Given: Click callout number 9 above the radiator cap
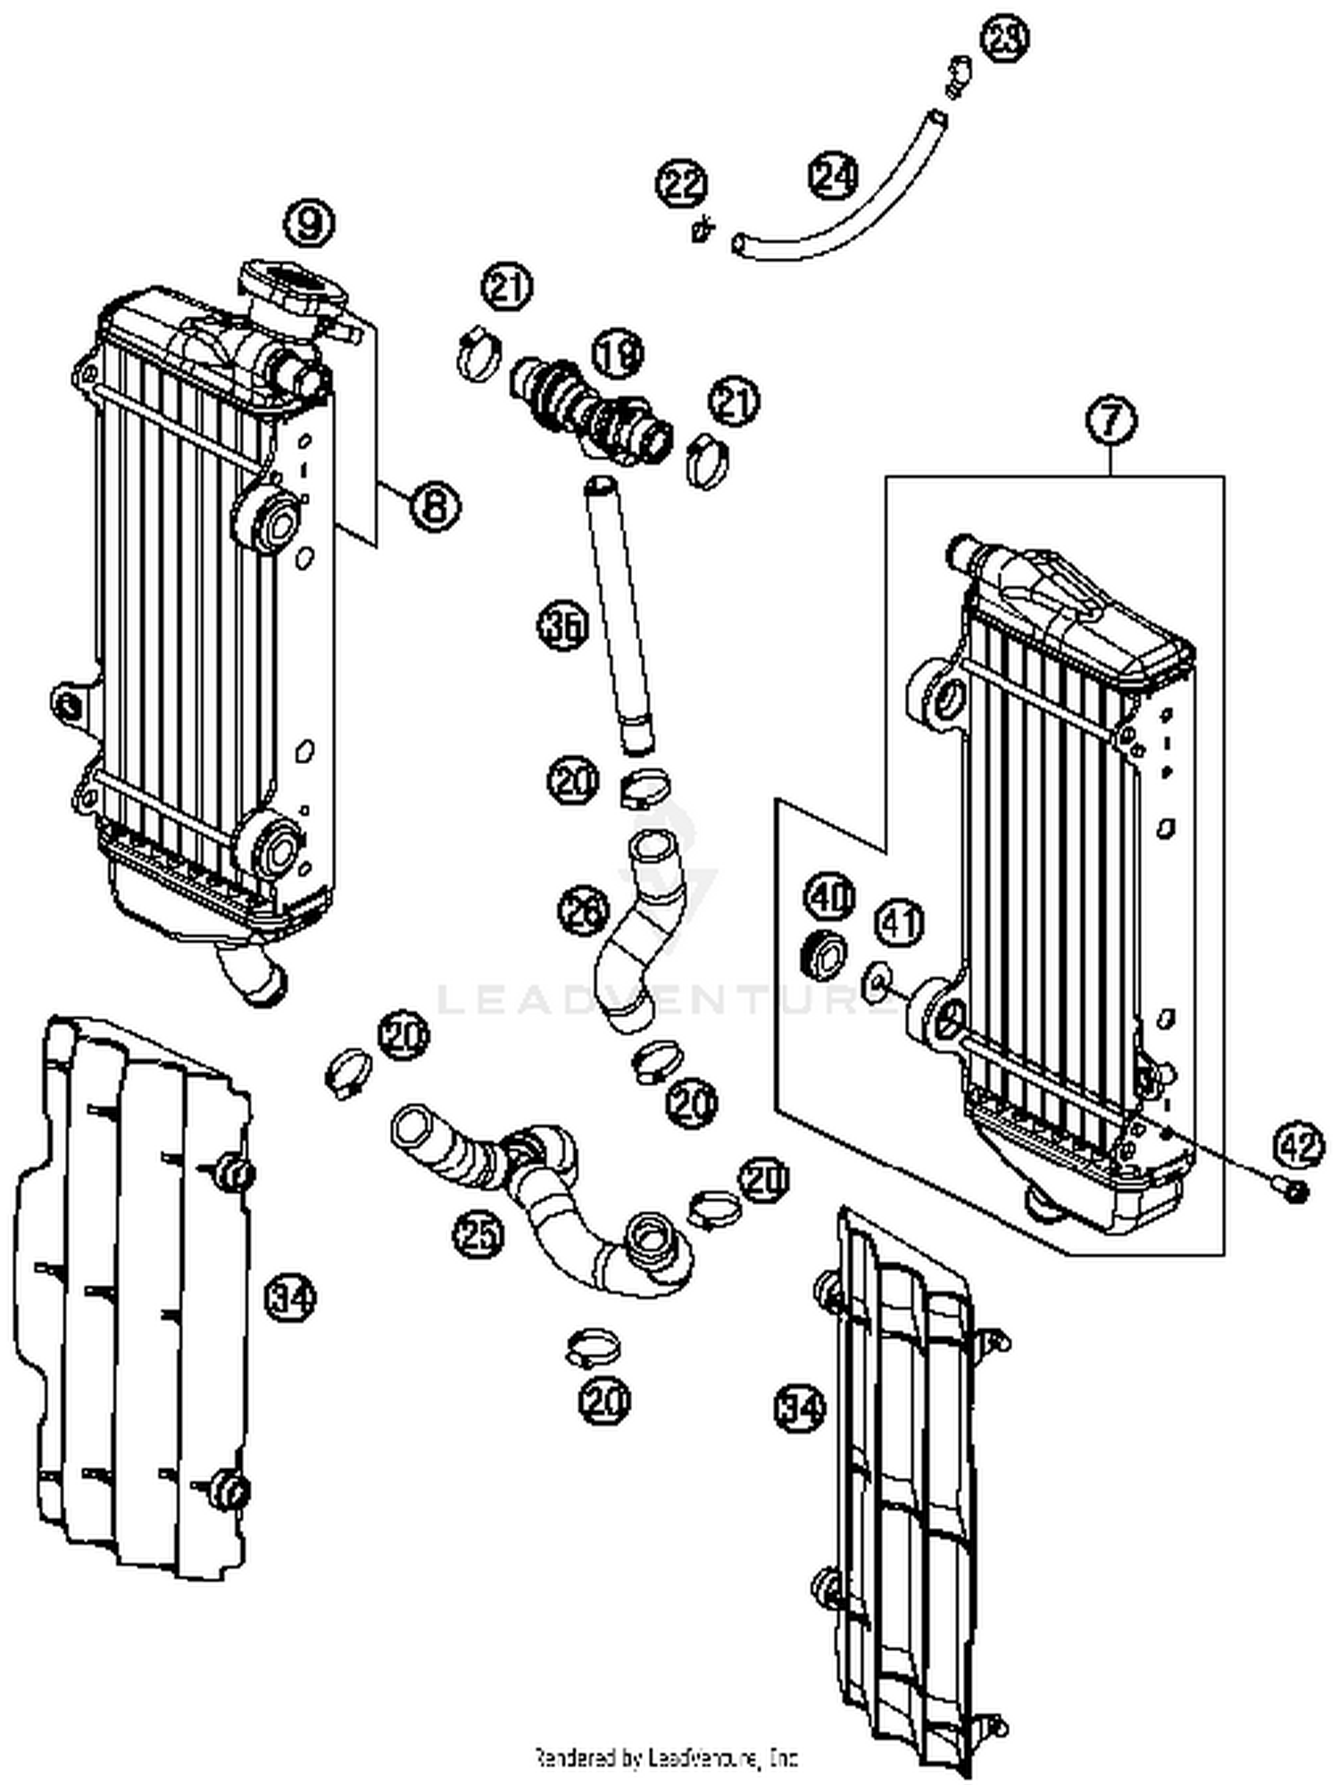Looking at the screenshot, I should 309,222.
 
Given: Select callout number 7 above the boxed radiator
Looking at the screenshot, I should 1111,420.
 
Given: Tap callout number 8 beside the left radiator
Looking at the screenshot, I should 435,506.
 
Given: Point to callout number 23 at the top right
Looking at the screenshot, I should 1005,37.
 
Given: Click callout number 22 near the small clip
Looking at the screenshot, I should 682,185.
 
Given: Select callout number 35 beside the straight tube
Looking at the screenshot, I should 563,626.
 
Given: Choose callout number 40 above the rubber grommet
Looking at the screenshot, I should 830,896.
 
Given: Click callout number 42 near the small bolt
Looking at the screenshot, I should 1298,1144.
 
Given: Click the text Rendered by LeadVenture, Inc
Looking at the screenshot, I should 665,1757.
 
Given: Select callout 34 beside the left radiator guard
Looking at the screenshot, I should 291,1295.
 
